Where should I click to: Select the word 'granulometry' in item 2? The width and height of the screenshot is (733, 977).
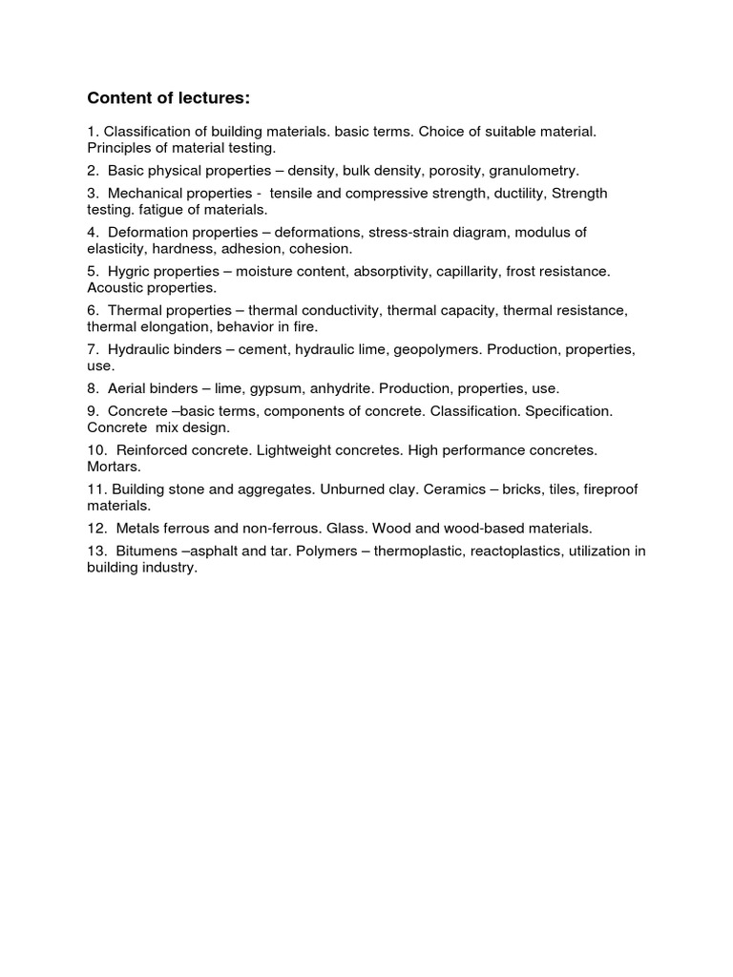coord(534,171)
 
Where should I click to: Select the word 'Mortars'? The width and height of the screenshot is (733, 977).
coord(114,467)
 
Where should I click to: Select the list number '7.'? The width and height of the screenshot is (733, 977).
coord(94,349)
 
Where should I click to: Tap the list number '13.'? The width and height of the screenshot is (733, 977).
coord(97,551)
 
